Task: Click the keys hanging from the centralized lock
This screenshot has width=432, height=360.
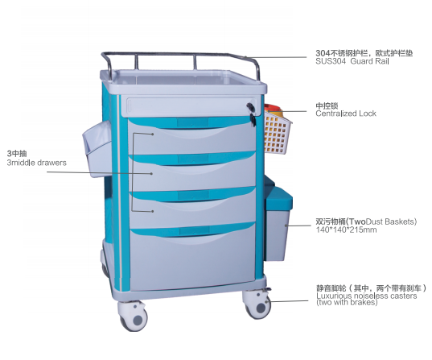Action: pos(252,120)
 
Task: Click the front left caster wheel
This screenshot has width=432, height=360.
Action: pos(134,317)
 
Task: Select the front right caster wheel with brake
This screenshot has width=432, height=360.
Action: pos(257,304)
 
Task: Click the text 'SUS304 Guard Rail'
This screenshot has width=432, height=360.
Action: pos(352,61)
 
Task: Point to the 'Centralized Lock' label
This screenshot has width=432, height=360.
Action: pos(346,114)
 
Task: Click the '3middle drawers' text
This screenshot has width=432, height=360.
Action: pos(37,163)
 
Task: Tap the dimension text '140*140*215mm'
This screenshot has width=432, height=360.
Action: pos(346,230)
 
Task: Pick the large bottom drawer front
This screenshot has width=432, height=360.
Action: pos(193,257)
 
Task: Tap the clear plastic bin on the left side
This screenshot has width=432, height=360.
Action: pos(97,148)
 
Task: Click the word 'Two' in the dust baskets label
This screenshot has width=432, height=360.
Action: pos(357,221)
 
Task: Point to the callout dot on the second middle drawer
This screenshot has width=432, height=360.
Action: pos(151,173)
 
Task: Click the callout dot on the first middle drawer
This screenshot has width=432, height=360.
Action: pos(152,134)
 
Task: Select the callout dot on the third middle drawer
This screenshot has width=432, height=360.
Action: pos(152,211)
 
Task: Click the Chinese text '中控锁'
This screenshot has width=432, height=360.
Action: pos(327,106)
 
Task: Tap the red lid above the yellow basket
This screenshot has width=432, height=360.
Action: pos(274,108)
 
